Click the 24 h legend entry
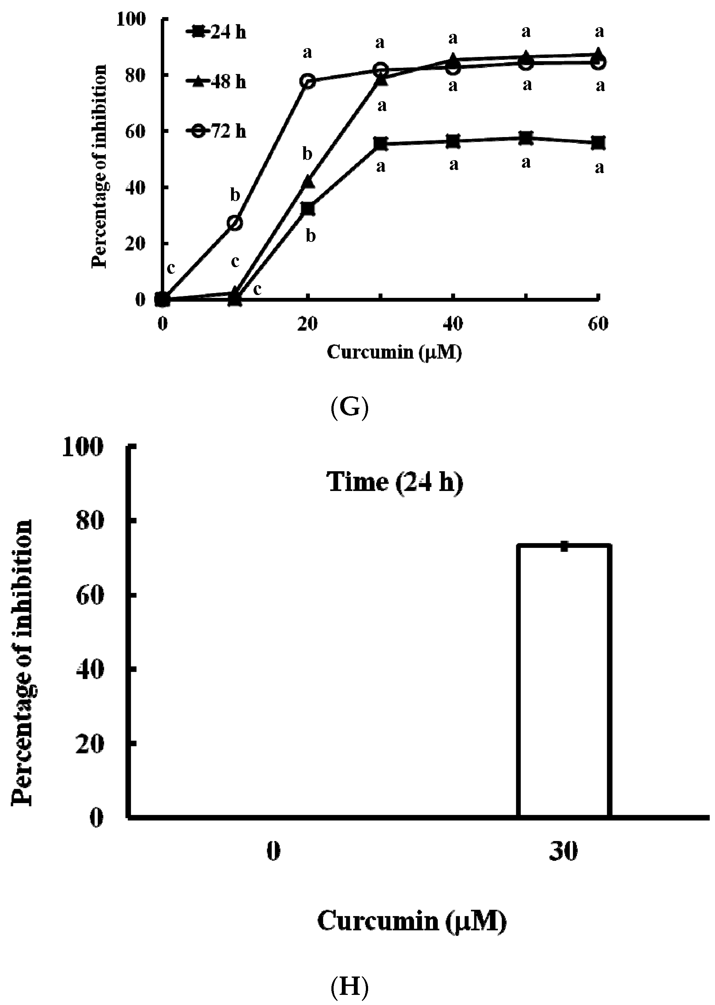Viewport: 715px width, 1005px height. [x=216, y=33]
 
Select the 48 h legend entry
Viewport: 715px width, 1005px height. [x=216, y=82]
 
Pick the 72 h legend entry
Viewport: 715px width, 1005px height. [x=216, y=131]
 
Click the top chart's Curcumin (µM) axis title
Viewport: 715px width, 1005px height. [x=394, y=352]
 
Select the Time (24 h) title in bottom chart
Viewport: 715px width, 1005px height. [x=394, y=481]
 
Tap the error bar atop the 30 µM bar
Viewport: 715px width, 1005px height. [x=564, y=546]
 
